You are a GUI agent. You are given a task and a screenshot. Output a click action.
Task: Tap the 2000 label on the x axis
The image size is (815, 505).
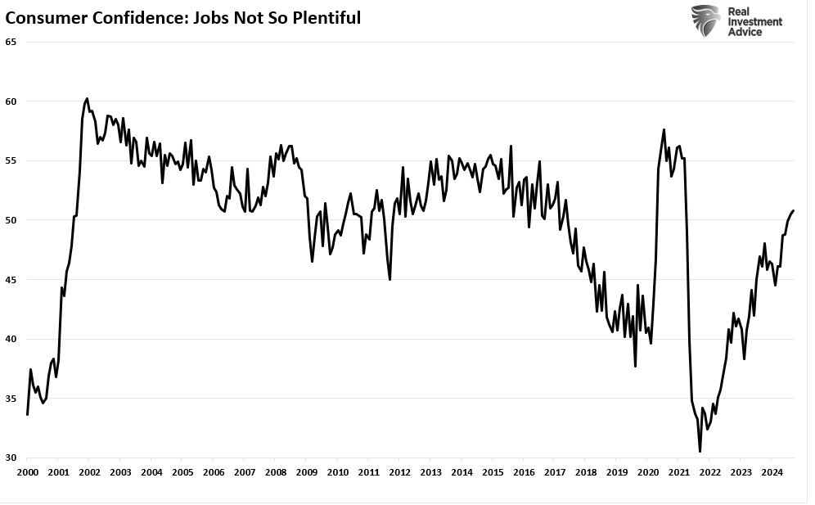(27, 472)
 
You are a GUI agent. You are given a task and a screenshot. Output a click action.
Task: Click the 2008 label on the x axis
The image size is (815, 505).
(275, 472)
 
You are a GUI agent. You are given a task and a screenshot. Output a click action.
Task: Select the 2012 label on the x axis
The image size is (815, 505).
(399, 472)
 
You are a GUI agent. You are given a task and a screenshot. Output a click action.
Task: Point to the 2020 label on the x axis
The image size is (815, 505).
(647, 472)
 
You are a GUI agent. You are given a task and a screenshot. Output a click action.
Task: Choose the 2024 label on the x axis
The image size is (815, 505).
(771, 472)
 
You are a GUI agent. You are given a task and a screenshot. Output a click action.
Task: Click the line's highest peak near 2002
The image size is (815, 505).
(87, 98)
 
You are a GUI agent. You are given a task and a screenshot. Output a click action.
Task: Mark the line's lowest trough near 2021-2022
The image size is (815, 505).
(700, 451)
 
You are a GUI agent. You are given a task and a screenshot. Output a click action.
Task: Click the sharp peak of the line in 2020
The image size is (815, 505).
(664, 129)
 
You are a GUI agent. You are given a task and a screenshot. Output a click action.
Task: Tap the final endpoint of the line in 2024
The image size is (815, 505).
(794, 211)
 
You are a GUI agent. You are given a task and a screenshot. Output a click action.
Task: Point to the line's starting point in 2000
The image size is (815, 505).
(27, 414)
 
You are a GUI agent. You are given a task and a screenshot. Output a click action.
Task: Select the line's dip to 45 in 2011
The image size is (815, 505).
(389, 280)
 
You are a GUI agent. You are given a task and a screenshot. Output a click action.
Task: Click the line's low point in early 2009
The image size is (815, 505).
(313, 261)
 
